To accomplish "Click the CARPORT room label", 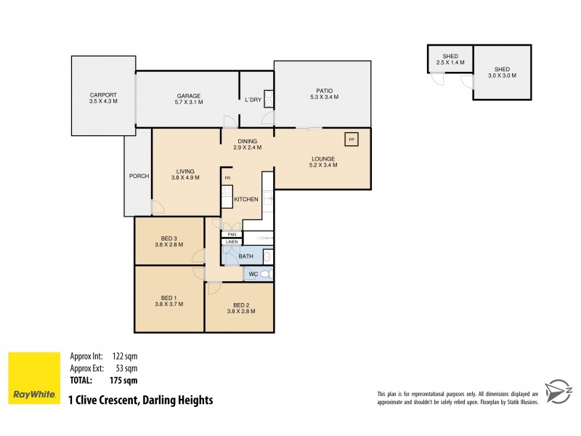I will pyautogui.click(x=103, y=95).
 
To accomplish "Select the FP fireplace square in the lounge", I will pyautogui.click(x=351, y=140).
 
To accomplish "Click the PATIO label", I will pyautogui.click(x=325, y=89).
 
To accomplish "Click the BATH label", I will pyautogui.click(x=245, y=256).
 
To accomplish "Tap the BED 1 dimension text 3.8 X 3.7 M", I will pyautogui.click(x=168, y=304).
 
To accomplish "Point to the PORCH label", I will pyautogui.click(x=139, y=176).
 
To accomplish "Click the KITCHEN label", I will pyautogui.click(x=246, y=198).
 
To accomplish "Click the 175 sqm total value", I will pyautogui.click(x=124, y=380).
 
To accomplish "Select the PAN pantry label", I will pyautogui.click(x=232, y=235).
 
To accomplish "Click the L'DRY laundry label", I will pyautogui.click(x=253, y=100).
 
